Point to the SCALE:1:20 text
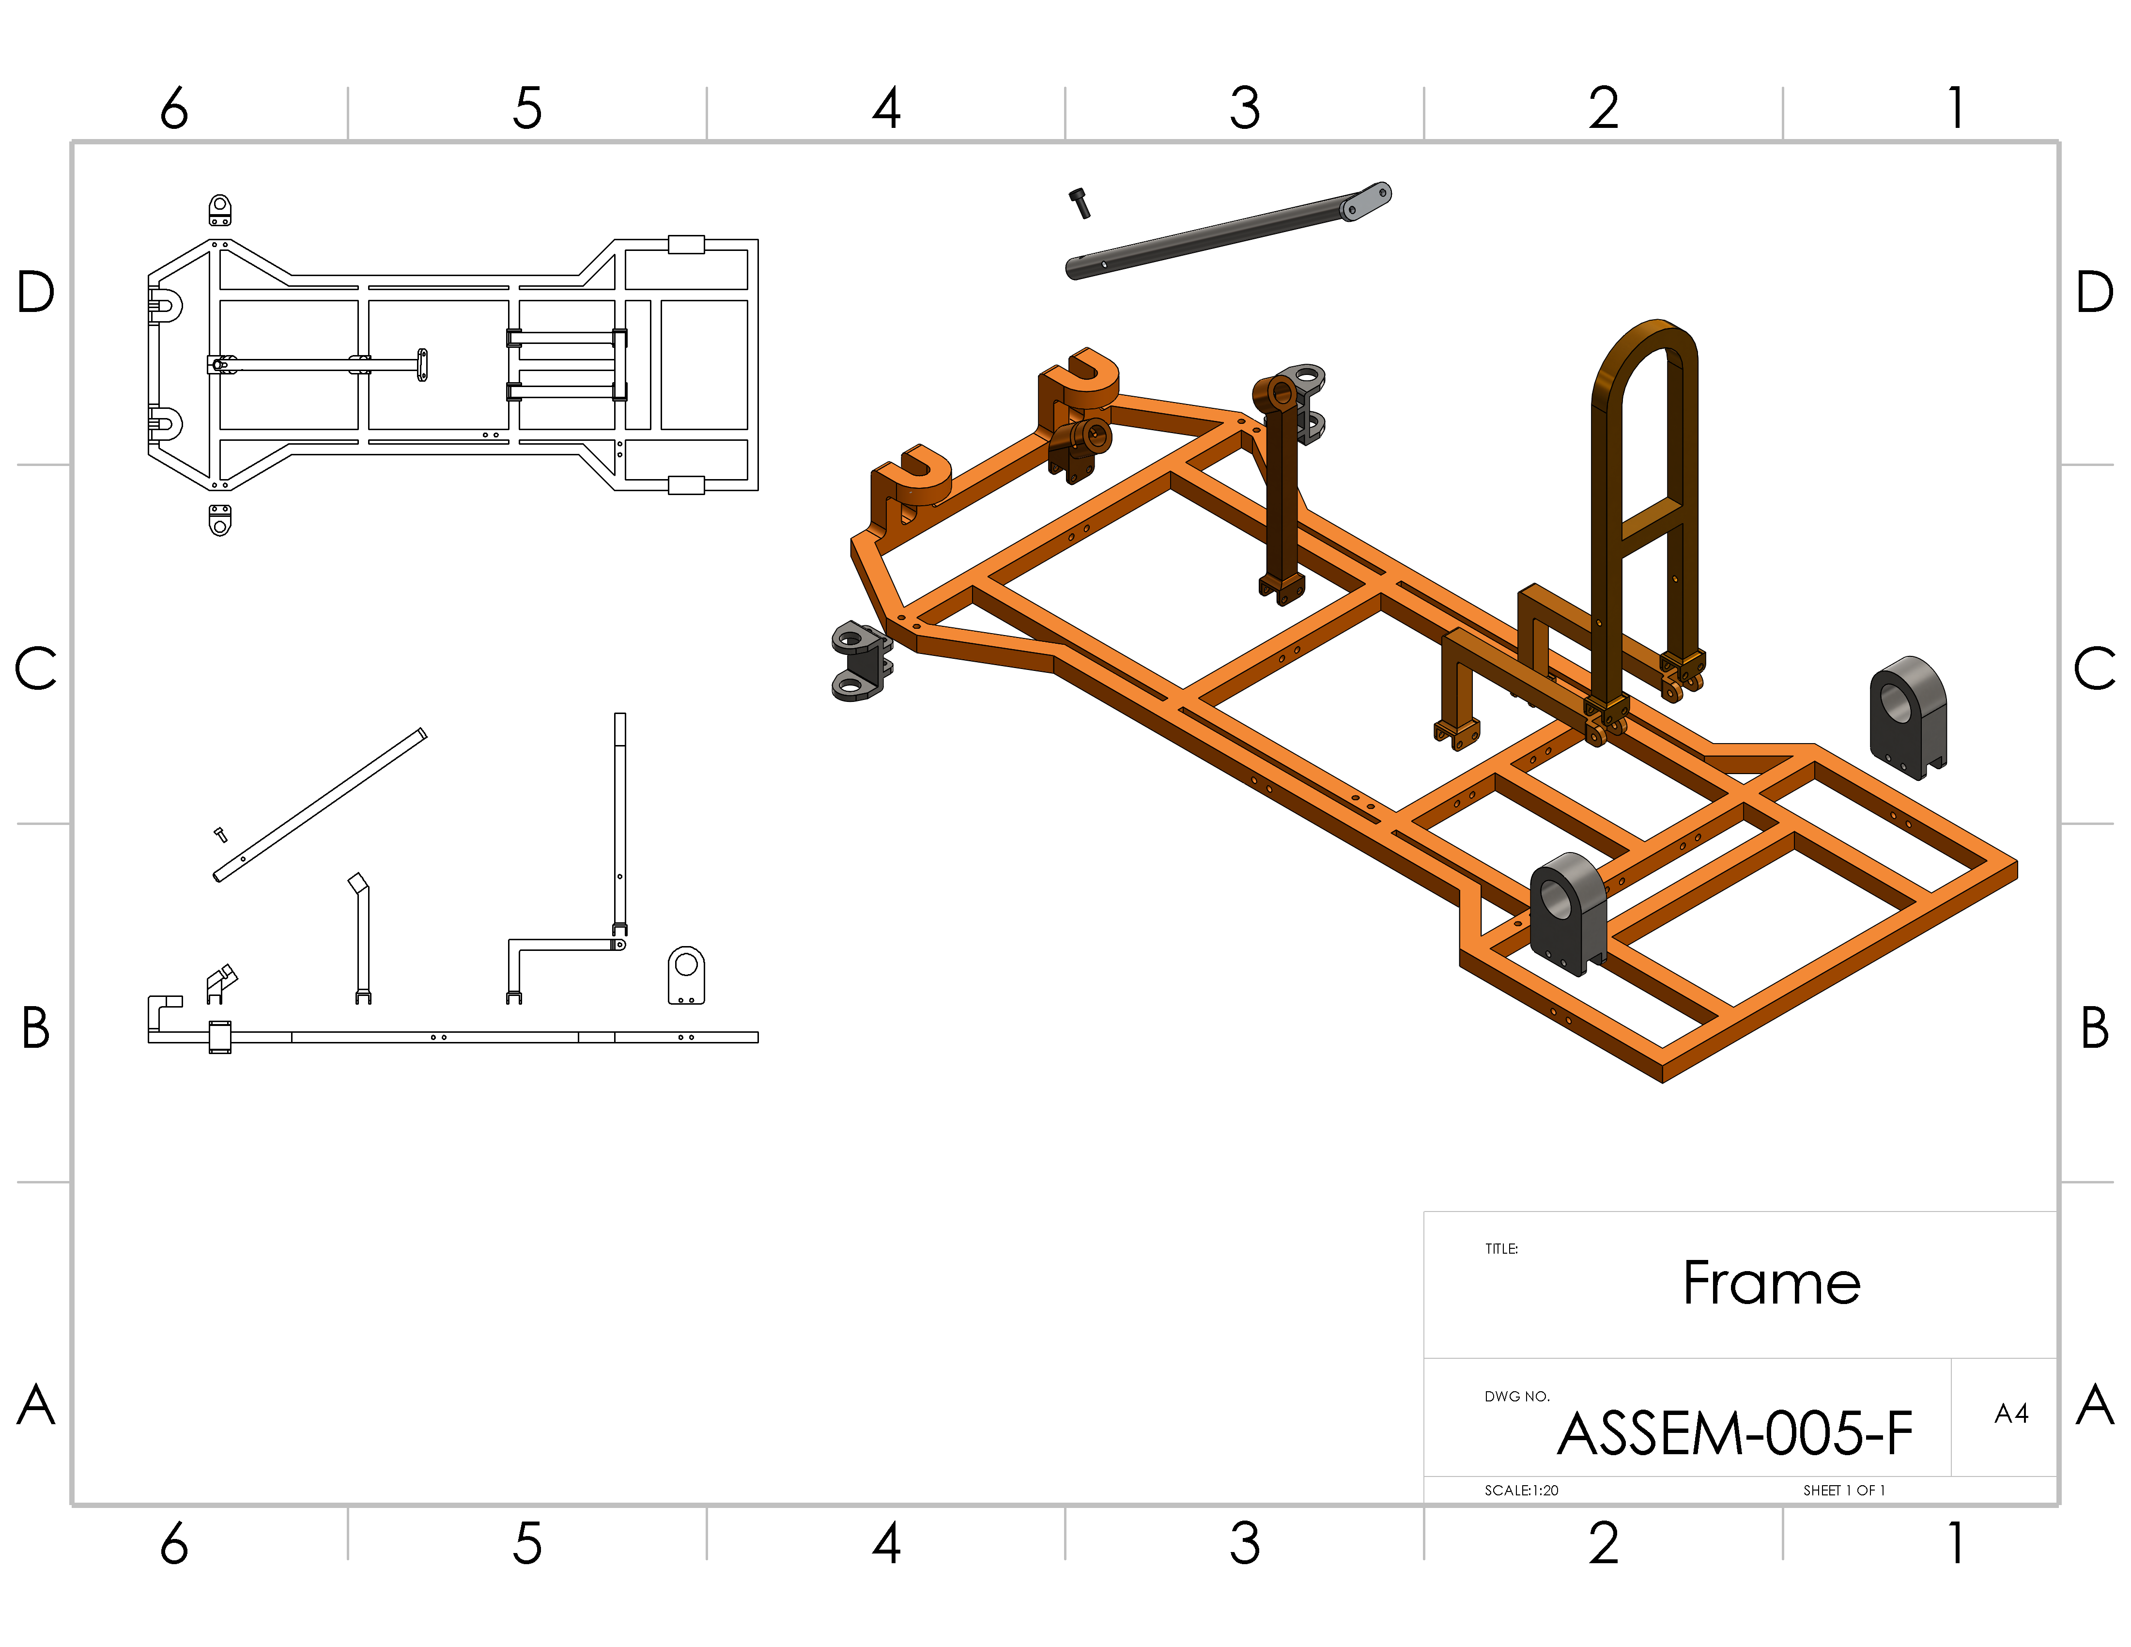tap(1521, 1490)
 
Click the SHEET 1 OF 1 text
tap(1843, 1490)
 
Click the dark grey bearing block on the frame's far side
tap(1908, 717)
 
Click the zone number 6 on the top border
tap(174, 108)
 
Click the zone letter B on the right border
tap(2094, 1027)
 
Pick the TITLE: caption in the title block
tap(1501, 1249)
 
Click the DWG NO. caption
tap(1516, 1396)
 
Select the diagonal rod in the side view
tap(320, 805)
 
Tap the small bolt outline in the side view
tap(220, 834)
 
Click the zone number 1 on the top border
tap(1955, 108)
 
